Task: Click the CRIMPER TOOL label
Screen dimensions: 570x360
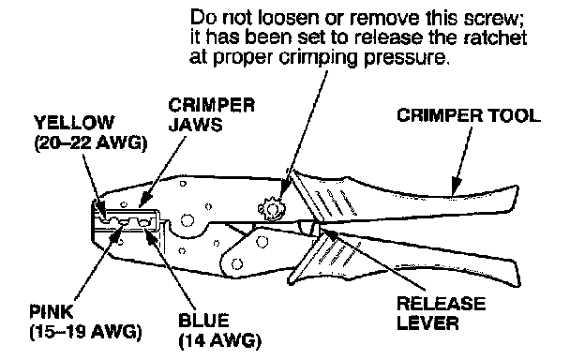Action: click(x=468, y=115)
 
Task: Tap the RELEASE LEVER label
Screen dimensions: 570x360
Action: click(x=441, y=313)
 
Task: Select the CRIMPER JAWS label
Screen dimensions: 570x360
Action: click(x=211, y=115)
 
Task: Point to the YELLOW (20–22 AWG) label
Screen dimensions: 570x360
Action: click(x=91, y=133)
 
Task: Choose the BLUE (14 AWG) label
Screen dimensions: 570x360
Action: click(x=219, y=331)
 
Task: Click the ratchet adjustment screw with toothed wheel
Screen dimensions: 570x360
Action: click(x=272, y=209)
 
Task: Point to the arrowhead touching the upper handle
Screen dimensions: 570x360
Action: click(x=456, y=187)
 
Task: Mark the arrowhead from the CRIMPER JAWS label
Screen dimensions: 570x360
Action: click(x=144, y=201)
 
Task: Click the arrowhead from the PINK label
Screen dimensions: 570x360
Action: click(x=117, y=233)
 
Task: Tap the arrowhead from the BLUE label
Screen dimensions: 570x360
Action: click(x=150, y=232)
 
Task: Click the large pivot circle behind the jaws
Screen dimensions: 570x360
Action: click(x=187, y=220)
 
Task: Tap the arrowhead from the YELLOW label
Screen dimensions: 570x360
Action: click(x=100, y=209)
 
